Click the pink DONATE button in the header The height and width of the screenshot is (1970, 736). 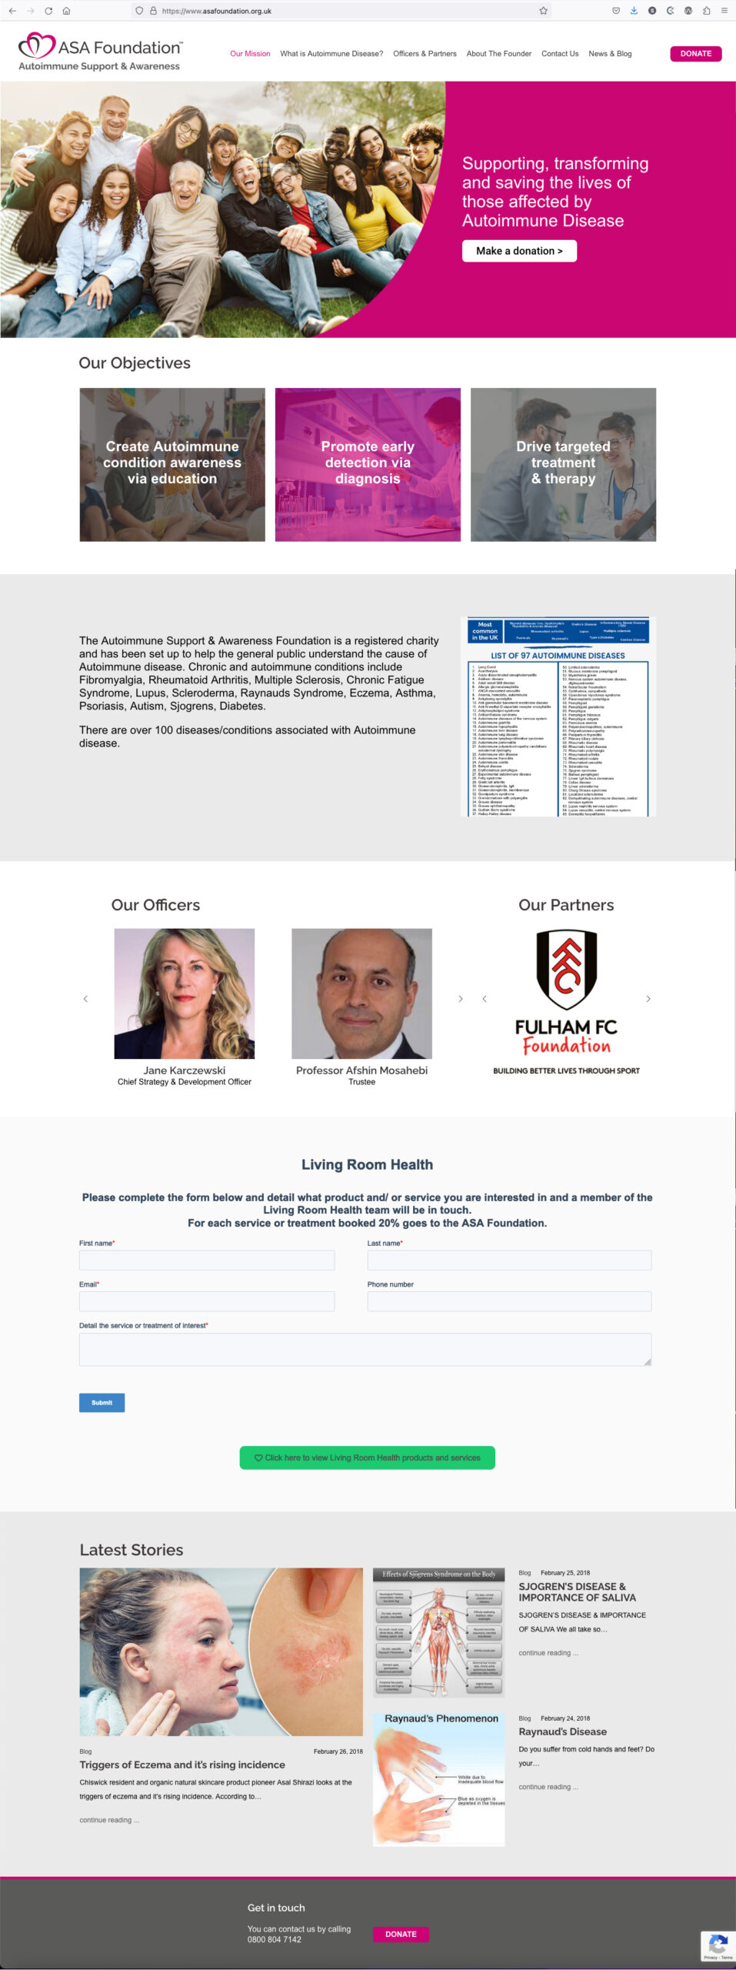[695, 54]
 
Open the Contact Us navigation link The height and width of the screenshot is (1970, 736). [559, 54]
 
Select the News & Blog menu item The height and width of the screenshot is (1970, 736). [610, 54]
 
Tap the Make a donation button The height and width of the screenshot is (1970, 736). [519, 251]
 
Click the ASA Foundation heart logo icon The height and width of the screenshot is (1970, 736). [36, 45]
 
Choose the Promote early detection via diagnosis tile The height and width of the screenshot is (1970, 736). [368, 464]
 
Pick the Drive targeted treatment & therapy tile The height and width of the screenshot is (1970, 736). [563, 464]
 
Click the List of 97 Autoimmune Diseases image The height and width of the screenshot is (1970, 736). [558, 716]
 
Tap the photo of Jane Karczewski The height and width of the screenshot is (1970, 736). [185, 993]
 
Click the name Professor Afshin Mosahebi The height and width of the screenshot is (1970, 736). [361, 1070]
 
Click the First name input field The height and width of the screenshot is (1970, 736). [207, 1260]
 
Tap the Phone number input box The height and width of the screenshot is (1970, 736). [509, 1301]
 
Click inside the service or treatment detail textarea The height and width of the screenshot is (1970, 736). [365, 1349]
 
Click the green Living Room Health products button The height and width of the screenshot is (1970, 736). [368, 1457]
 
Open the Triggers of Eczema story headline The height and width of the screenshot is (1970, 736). [182, 1765]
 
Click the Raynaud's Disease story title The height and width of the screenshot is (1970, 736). [562, 1731]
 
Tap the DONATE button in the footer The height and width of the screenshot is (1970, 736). [401, 1934]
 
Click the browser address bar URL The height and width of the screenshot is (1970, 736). [217, 11]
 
